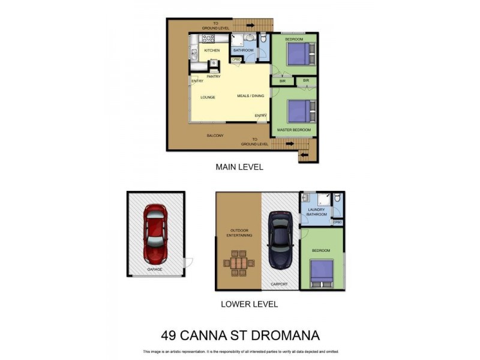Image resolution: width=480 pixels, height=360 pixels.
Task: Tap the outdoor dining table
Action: [x=239, y=264]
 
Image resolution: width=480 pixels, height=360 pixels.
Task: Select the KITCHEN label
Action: [x=212, y=50]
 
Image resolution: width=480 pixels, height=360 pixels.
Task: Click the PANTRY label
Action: [x=213, y=76]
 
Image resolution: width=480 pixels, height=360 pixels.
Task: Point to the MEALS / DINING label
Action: [x=250, y=96]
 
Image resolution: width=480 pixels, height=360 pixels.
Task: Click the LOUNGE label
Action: [x=208, y=97]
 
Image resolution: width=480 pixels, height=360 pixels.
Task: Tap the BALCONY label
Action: [x=215, y=136]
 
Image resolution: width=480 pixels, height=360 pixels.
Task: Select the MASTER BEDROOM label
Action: [x=294, y=130]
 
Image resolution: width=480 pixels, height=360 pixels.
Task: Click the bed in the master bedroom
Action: [x=299, y=110]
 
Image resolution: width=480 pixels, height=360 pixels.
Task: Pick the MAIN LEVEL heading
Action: [x=239, y=167]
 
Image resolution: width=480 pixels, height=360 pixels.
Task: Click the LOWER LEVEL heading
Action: [x=249, y=304]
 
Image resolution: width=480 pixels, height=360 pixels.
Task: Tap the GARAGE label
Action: [x=155, y=269]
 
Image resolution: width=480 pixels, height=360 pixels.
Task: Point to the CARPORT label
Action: [x=279, y=284]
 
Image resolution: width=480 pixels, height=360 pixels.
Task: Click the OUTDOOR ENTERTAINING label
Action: [x=239, y=233]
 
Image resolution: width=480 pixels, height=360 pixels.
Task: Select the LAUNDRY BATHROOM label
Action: [x=316, y=212]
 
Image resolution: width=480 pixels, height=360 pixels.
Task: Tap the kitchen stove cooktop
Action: [x=208, y=38]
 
